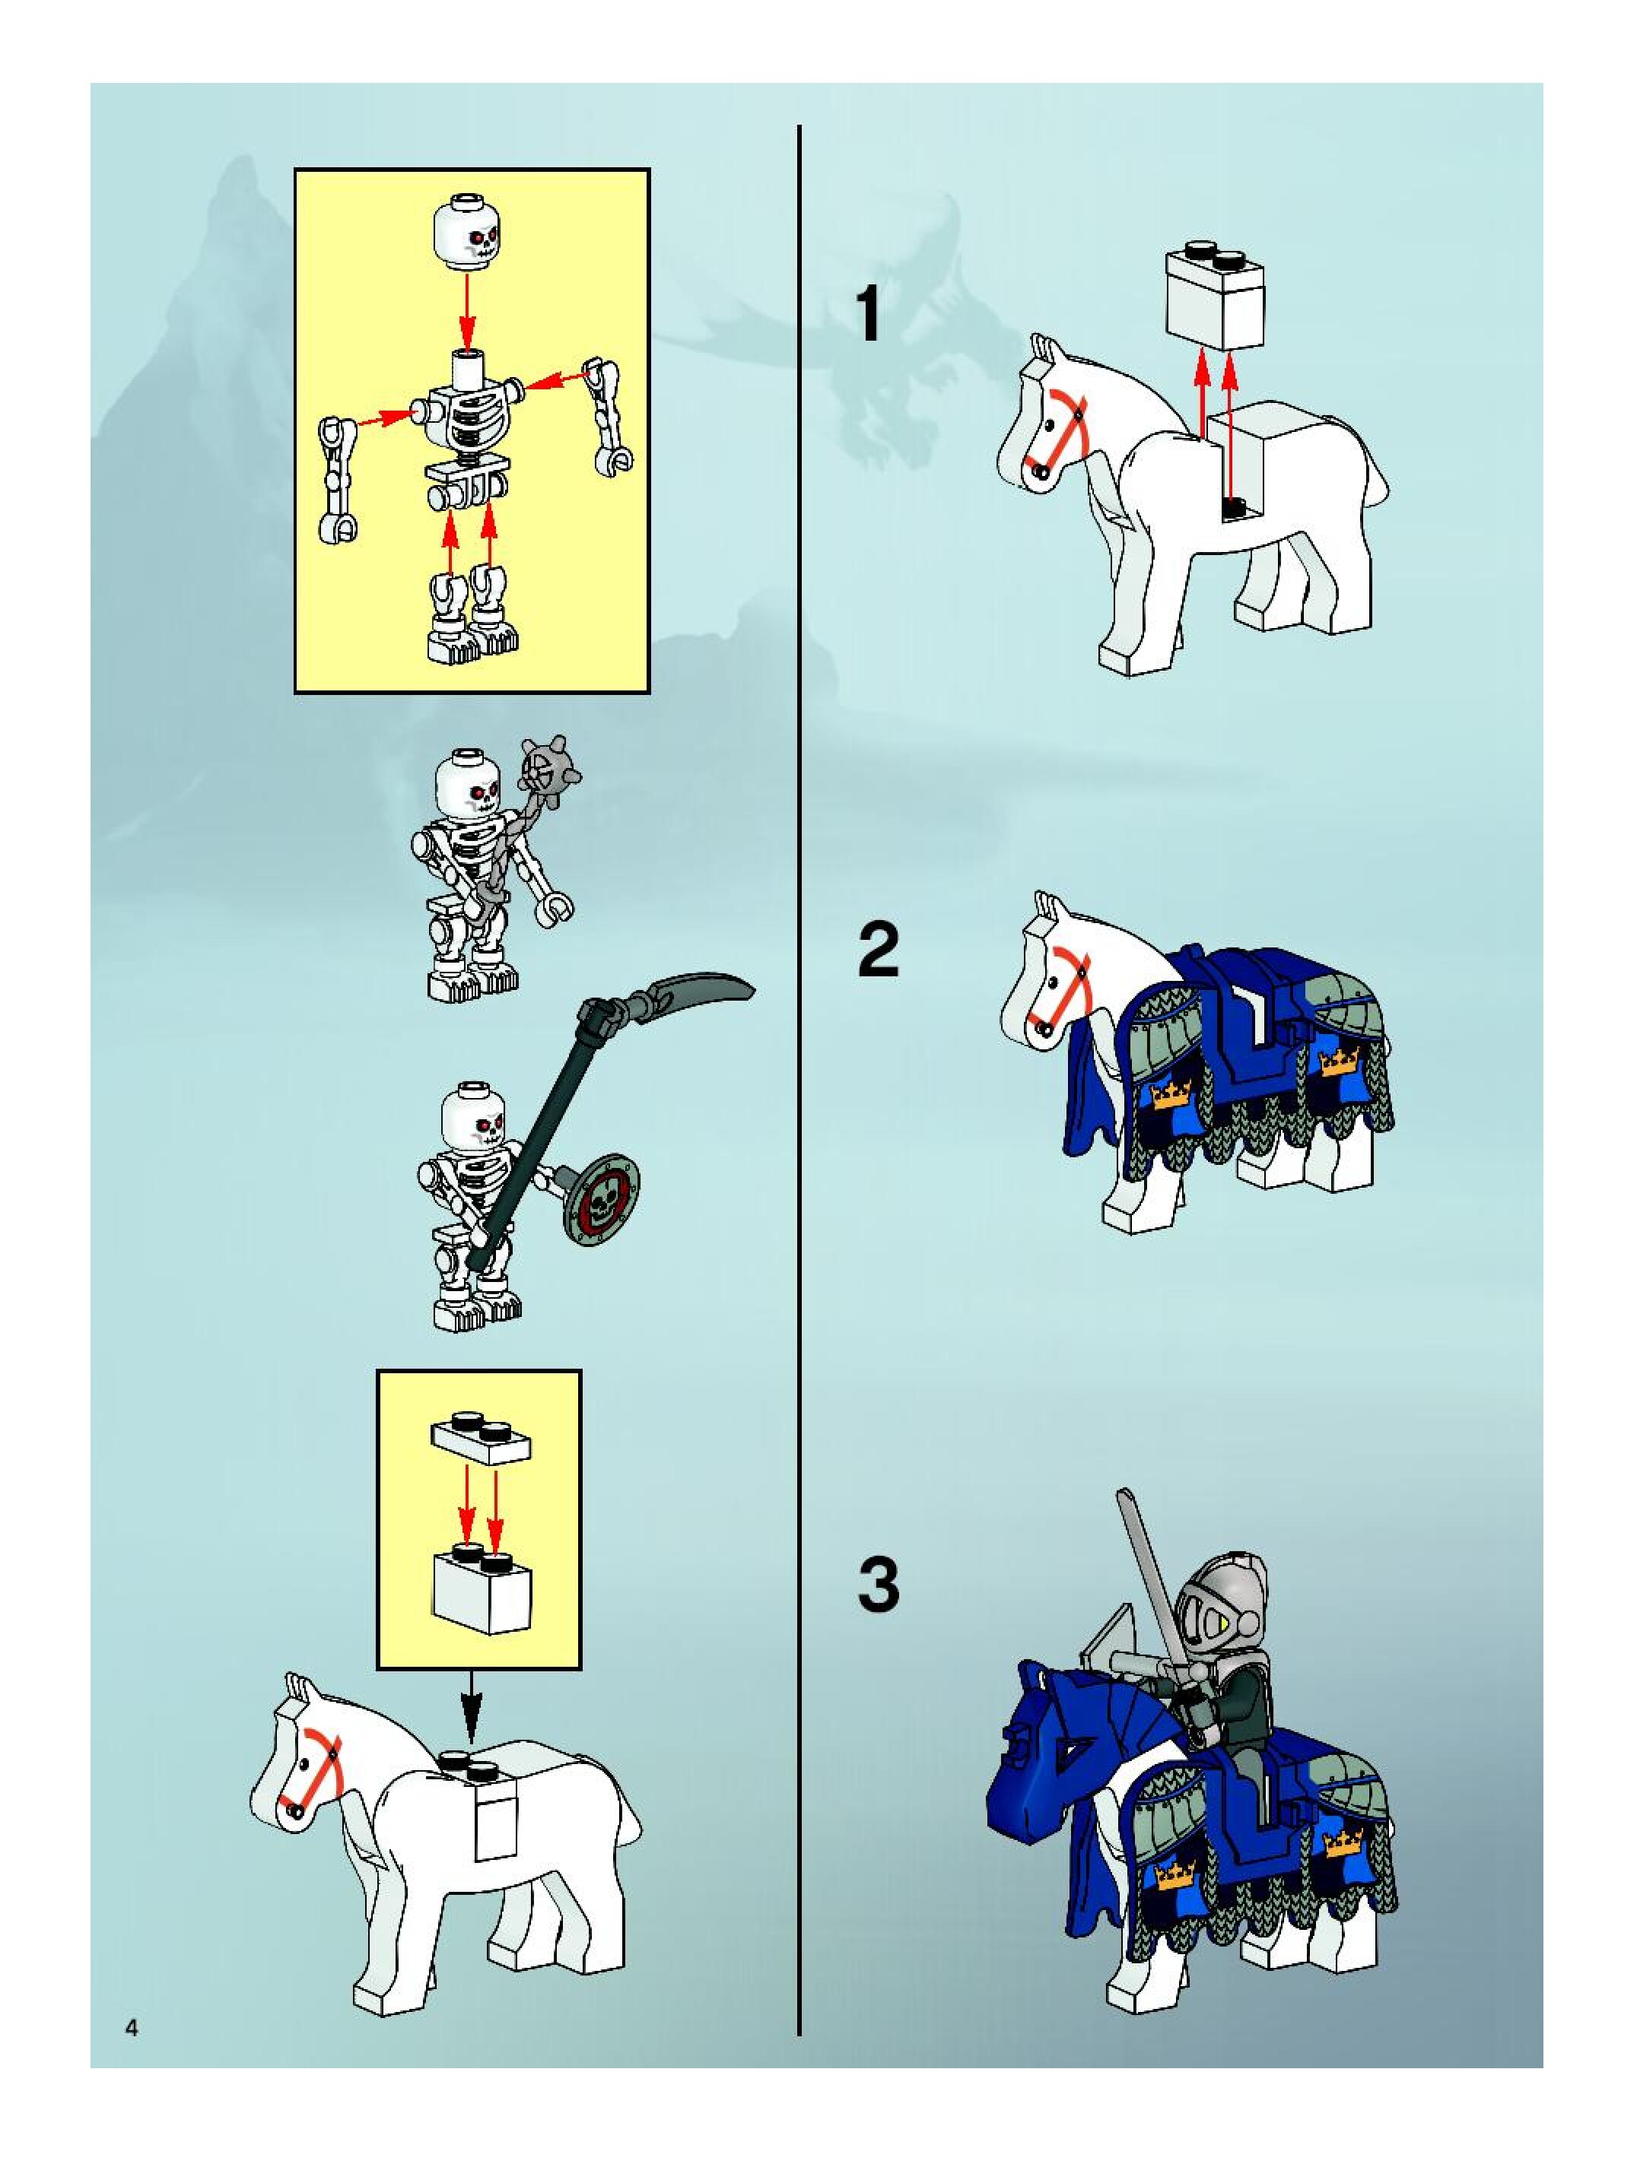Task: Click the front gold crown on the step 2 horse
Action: point(1173,1094)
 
